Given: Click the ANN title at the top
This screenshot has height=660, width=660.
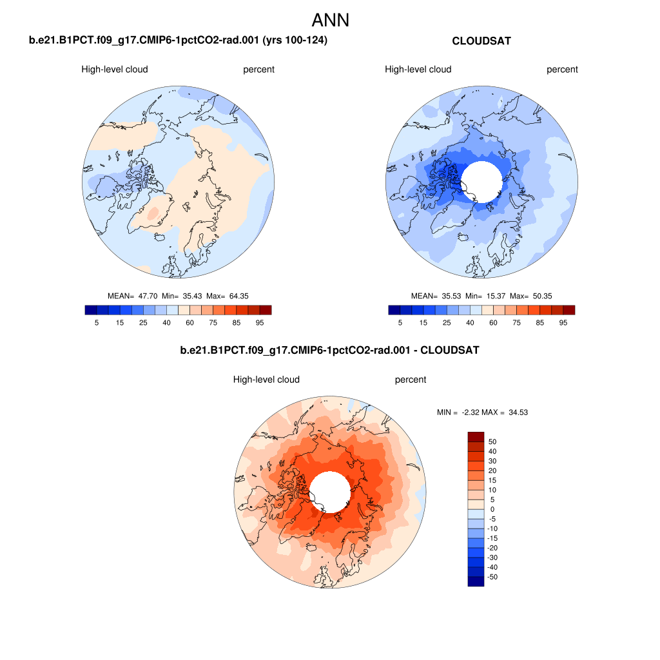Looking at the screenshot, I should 330,20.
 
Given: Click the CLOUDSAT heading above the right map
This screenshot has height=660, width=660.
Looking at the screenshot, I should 481,41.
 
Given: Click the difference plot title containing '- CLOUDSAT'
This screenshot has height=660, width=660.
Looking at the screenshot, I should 330,351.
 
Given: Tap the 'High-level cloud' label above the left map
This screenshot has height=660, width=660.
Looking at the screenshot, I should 115,70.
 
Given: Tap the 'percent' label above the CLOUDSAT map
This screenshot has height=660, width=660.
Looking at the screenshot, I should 563,70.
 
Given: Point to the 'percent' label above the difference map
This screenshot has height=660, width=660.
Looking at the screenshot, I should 411,380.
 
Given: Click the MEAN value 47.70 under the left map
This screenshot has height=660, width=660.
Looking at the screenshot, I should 150,296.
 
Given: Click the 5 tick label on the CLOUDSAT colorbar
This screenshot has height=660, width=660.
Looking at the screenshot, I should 400,322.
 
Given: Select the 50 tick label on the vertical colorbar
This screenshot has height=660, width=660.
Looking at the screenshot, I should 493,442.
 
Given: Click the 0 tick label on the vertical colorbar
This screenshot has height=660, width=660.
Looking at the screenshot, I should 493,509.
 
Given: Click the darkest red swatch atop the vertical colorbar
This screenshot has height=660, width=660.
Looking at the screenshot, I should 476,436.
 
